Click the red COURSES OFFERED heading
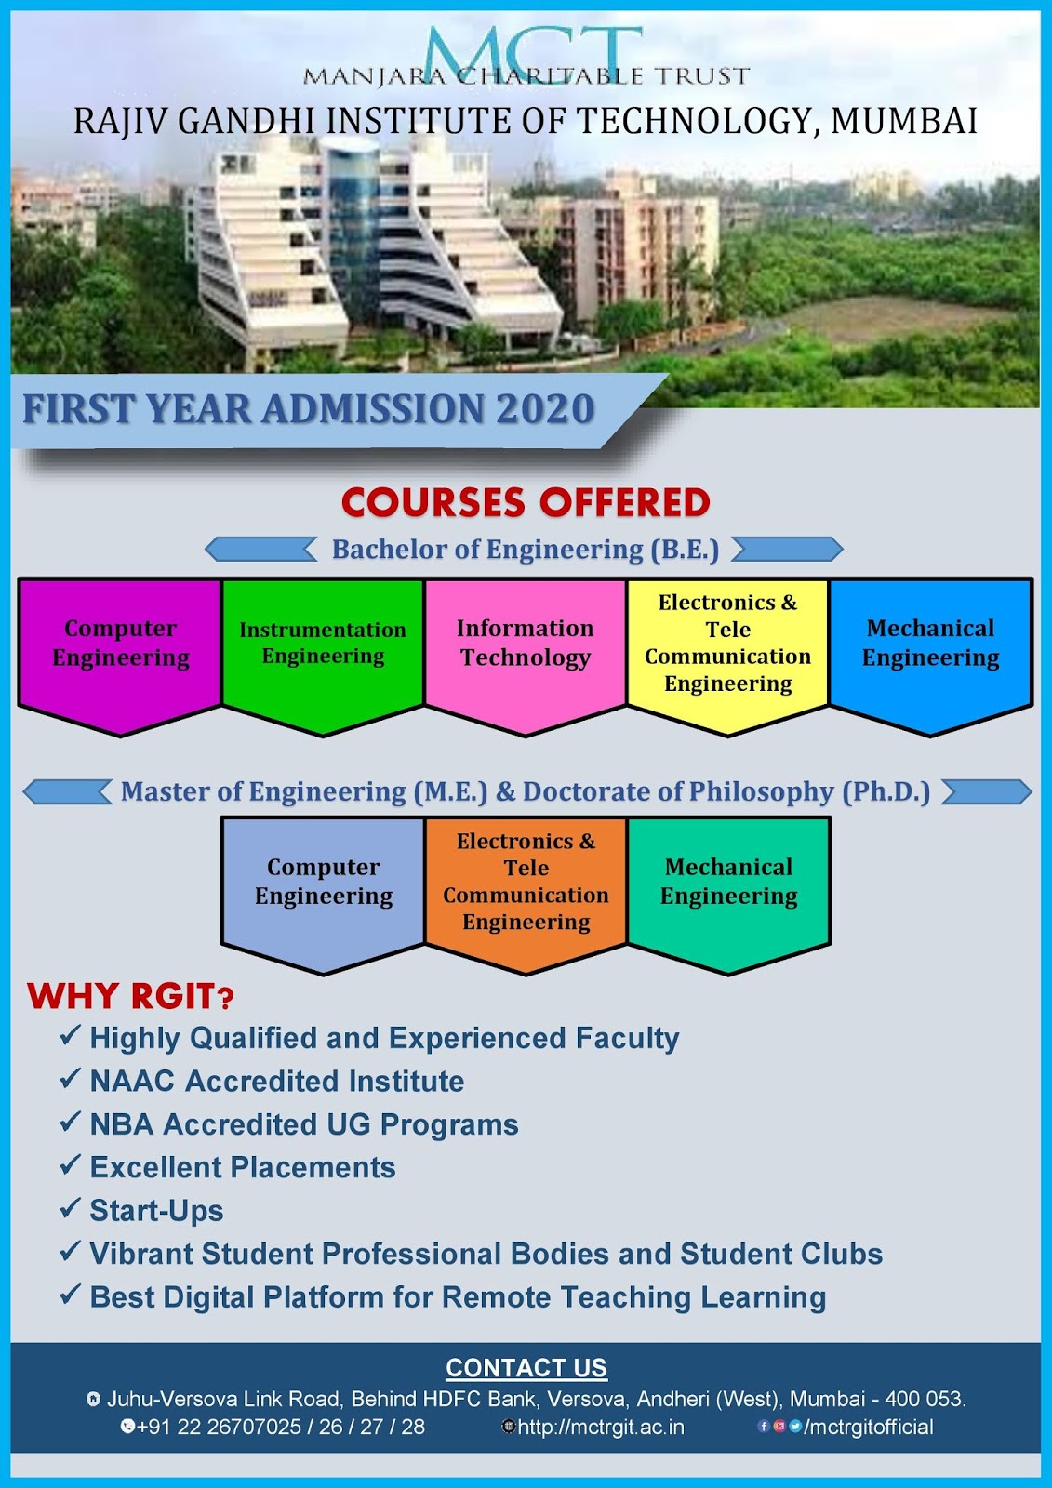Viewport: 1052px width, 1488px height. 526,503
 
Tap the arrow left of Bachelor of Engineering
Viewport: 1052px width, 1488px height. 261,550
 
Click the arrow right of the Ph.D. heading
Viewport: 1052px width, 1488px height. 987,791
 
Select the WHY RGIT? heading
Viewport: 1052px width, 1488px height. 130,996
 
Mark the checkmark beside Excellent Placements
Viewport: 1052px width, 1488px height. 70,1165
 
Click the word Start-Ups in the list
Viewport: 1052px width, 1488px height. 156,1211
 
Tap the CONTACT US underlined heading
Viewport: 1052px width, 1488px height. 526,1368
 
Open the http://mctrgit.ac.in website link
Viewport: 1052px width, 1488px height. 601,1427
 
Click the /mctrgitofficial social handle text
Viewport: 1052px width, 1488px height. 868,1427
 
